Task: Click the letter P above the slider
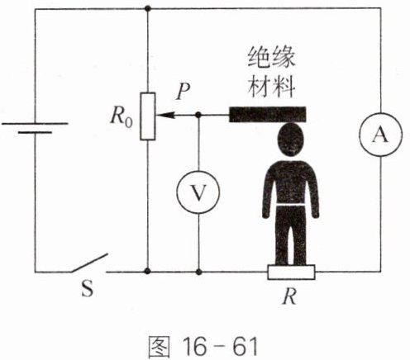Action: click(x=184, y=91)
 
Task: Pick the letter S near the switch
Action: click(x=88, y=288)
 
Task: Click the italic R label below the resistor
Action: click(x=290, y=296)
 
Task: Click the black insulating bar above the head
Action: click(x=268, y=114)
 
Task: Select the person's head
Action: click(x=291, y=140)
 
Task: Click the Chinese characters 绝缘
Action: click(x=271, y=57)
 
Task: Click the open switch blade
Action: click(x=89, y=263)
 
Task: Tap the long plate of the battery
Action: click(x=35, y=124)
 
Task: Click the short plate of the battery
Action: click(x=35, y=132)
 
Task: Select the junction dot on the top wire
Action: click(x=148, y=8)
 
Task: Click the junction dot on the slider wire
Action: click(x=198, y=115)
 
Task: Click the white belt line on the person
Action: click(x=291, y=205)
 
